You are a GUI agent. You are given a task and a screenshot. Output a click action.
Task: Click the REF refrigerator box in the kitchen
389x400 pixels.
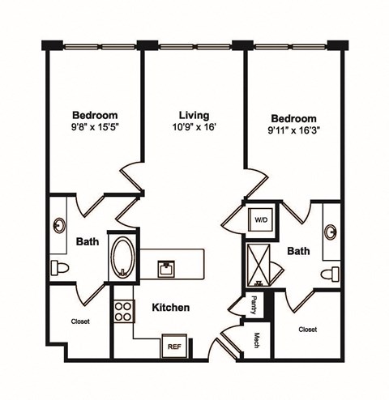click(174, 346)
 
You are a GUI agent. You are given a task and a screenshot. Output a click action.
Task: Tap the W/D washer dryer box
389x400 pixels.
click(261, 219)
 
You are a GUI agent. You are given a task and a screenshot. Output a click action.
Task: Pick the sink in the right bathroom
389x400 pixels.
click(332, 232)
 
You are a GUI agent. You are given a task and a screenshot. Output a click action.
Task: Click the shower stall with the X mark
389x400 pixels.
click(260, 265)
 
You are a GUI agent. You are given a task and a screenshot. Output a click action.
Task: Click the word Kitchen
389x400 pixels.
click(171, 308)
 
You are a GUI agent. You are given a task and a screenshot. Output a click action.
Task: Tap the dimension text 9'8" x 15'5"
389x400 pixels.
click(94, 127)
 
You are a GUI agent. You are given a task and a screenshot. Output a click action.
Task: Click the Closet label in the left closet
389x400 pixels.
click(79, 321)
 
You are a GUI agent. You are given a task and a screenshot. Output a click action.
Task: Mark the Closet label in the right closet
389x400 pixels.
click(307, 330)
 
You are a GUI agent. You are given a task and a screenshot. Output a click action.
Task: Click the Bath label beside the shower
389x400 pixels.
click(299, 251)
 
